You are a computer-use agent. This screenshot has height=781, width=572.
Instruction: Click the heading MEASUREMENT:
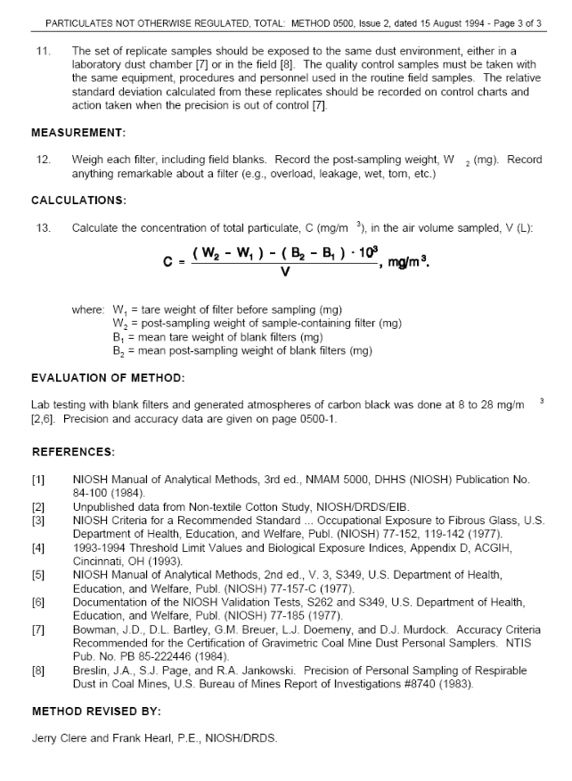(x=78, y=133)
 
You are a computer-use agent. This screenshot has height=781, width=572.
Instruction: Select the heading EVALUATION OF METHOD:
(x=108, y=378)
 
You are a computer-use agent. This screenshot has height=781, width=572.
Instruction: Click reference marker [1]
(x=38, y=480)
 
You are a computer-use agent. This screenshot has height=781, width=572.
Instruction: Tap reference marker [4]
(x=38, y=550)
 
